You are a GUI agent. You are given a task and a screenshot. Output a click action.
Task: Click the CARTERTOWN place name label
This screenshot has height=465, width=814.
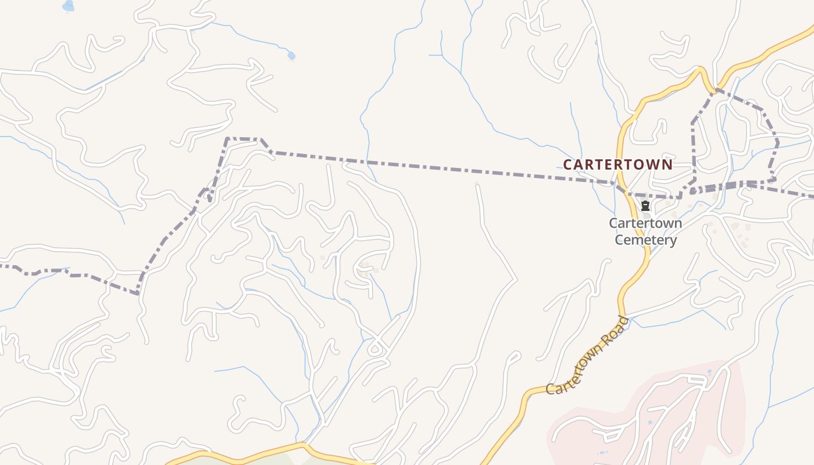click(x=617, y=164)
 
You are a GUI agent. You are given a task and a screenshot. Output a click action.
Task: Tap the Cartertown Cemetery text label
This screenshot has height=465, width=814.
click(x=645, y=231)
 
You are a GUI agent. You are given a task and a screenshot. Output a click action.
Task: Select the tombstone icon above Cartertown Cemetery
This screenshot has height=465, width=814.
click(x=645, y=206)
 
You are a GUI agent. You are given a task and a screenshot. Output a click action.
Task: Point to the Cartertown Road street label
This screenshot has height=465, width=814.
click(x=588, y=356)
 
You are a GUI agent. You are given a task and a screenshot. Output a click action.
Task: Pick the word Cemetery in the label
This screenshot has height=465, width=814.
click(x=645, y=240)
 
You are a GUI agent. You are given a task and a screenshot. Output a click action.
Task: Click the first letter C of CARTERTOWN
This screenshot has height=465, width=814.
click(x=567, y=164)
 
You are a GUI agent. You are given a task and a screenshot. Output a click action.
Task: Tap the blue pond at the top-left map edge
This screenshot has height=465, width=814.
click(x=68, y=6)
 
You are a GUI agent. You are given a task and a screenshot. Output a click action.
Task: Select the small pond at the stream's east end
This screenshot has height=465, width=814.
click(x=291, y=56)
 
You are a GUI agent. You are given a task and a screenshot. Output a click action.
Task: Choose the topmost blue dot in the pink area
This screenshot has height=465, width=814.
click(x=709, y=371)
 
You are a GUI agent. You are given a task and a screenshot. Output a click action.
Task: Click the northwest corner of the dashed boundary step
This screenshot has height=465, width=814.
click(x=227, y=139)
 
